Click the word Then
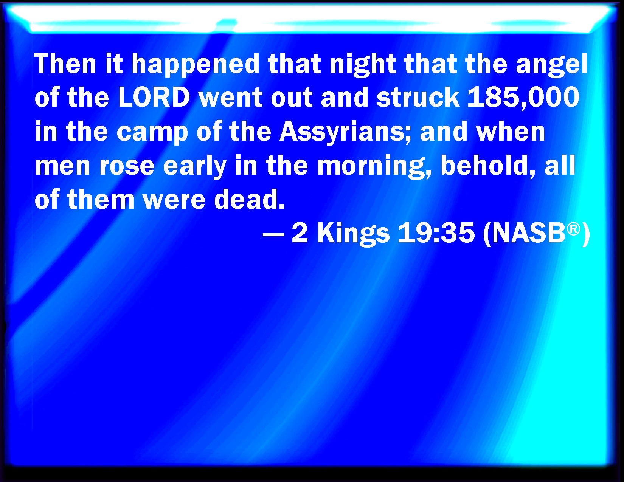[65, 64]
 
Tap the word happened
[196, 65]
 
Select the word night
[363, 65]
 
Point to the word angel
[552, 65]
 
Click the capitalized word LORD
[154, 97]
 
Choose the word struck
[418, 97]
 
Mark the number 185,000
[523, 98]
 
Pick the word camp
[152, 133]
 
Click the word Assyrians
[345, 133]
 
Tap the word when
[510, 131]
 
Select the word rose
[127, 167]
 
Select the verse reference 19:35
[436, 233]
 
